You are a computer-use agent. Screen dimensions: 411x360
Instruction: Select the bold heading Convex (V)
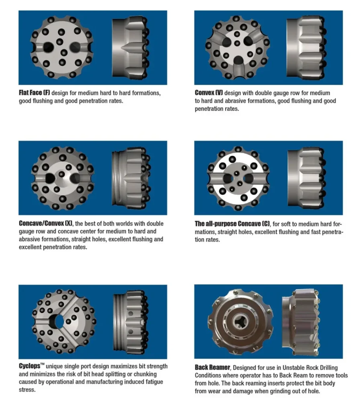(x=209, y=93)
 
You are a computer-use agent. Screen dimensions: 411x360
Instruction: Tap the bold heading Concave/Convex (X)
(x=46, y=224)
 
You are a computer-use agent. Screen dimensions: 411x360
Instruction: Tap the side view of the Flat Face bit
(x=130, y=47)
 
